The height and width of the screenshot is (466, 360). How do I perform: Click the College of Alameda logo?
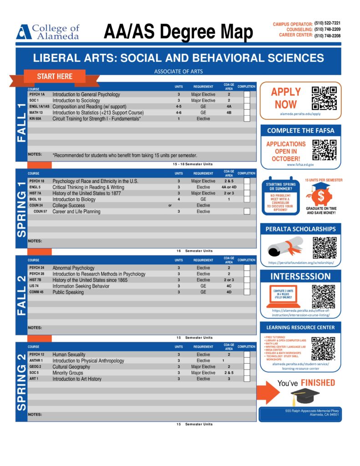click(x=47, y=31)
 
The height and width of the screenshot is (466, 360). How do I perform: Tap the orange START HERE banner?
click(x=55, y=76)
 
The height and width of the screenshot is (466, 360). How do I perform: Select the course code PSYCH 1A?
click(x=37, y=94)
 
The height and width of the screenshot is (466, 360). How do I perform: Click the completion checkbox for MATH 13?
click(x=247, y=112)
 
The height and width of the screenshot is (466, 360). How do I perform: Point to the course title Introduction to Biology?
click(x=74, y=199)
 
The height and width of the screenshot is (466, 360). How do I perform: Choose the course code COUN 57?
click(x=41, y=212)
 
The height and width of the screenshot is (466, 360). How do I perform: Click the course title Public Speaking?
click(x=68, y=292)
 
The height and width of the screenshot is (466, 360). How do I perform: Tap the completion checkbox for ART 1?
click(x=247, y=379)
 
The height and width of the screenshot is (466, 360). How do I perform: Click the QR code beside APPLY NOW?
click(x=324, y=98)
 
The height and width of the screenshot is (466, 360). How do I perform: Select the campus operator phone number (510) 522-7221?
click(x=327, y=23)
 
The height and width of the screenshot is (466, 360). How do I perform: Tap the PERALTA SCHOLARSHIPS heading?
click(x=300, y=229)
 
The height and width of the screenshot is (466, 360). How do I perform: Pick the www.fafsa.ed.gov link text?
click(x=300, y=165)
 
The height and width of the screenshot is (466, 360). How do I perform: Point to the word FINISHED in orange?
click(x=318, y=383)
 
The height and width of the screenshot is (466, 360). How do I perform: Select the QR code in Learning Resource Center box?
click(x=323, y=348)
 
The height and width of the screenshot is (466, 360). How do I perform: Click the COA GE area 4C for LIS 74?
click(x=229, y=286)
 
